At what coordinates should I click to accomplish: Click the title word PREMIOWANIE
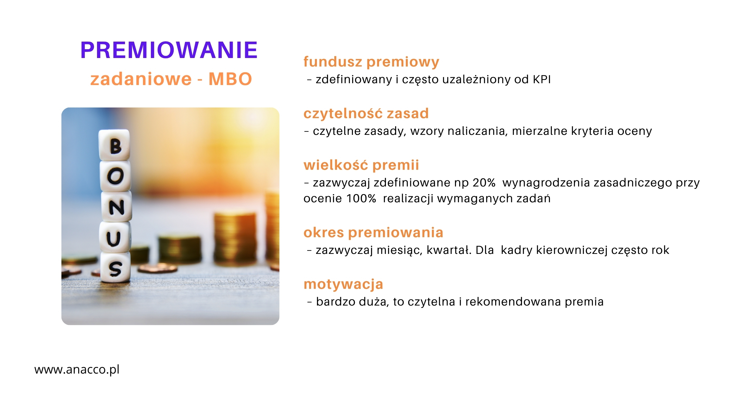(169, 50)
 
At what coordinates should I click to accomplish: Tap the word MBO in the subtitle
(230, 79)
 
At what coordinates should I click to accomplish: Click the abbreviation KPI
(542, 79)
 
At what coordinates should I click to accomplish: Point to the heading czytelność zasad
(366, 114)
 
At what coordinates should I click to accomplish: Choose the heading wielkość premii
(361, 165)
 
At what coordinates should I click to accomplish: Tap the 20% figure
(484, 183)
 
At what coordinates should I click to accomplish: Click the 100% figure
(361, 198)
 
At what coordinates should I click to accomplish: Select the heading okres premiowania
(374, 233)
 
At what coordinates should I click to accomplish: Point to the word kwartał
(449, 250)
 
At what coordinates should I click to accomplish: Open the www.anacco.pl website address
(77, 370)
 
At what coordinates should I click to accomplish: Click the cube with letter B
(114, 145)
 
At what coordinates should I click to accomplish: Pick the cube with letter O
(116, 176)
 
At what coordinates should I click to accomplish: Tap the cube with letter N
(116, 207)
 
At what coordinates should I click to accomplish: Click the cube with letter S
(116, 267)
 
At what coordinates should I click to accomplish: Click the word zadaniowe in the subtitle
(141, 79)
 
